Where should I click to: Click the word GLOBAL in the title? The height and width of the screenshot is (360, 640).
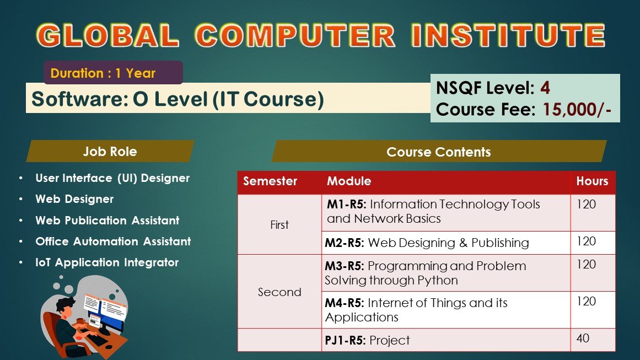coord(107,35)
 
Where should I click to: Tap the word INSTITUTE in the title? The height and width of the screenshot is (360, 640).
coord(508,35)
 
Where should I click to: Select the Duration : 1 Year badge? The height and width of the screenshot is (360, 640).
coord(113,73)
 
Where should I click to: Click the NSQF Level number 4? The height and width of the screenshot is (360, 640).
coord(545,88)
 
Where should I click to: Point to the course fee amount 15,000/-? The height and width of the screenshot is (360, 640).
coord(577,109)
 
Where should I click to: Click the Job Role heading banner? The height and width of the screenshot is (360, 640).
coord(110,152)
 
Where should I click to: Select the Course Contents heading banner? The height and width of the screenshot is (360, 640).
coord(439,152)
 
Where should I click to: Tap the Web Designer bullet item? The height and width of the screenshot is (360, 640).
coord(74,199)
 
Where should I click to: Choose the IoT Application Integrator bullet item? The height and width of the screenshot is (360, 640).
coord(107,262)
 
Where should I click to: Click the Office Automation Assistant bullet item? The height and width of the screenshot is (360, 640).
coord(113,241)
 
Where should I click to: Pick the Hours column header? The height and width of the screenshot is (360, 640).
coord(592,181)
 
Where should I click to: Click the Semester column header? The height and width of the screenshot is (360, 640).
coord(270,181)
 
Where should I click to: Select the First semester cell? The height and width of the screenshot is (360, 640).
coord(279,224)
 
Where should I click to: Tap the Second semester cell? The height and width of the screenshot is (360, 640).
coord(279,292)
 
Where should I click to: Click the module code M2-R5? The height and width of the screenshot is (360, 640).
coord(345,243)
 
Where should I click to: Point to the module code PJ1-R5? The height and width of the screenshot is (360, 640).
coord(345,340)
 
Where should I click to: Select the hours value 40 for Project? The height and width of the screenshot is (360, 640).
coord(583,338)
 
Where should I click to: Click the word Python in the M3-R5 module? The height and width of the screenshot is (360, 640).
coord(438,281)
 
